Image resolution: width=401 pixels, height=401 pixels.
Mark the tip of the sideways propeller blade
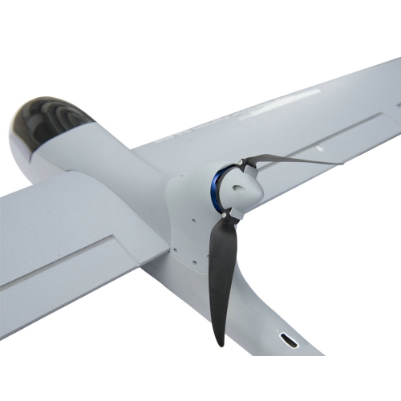[x=341, y=162]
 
